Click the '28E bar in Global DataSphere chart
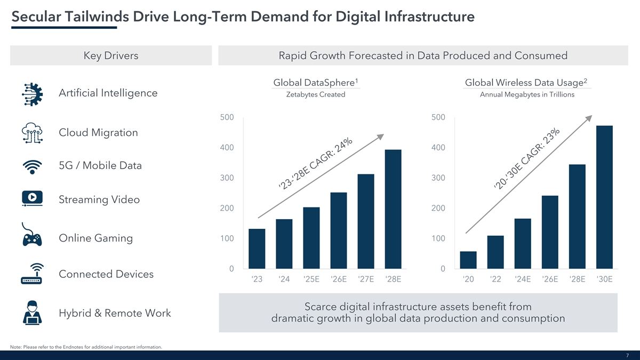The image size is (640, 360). [393, 209]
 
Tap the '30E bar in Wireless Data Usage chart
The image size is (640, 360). [604, 197]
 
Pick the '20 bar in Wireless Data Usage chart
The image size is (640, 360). [468, 260]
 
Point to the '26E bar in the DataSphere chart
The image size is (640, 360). [339, 230]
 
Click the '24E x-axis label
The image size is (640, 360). [523, 279]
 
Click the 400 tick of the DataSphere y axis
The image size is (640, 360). [226, 147]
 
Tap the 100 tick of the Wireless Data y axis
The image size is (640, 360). [438, 238]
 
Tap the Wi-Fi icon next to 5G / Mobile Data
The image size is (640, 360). [33, 166]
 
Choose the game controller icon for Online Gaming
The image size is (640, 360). [33, 236]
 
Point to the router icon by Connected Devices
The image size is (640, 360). [33, 274]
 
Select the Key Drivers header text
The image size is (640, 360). [111, 55]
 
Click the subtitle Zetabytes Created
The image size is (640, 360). [315, 95]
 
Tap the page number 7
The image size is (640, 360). [628, 355]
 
